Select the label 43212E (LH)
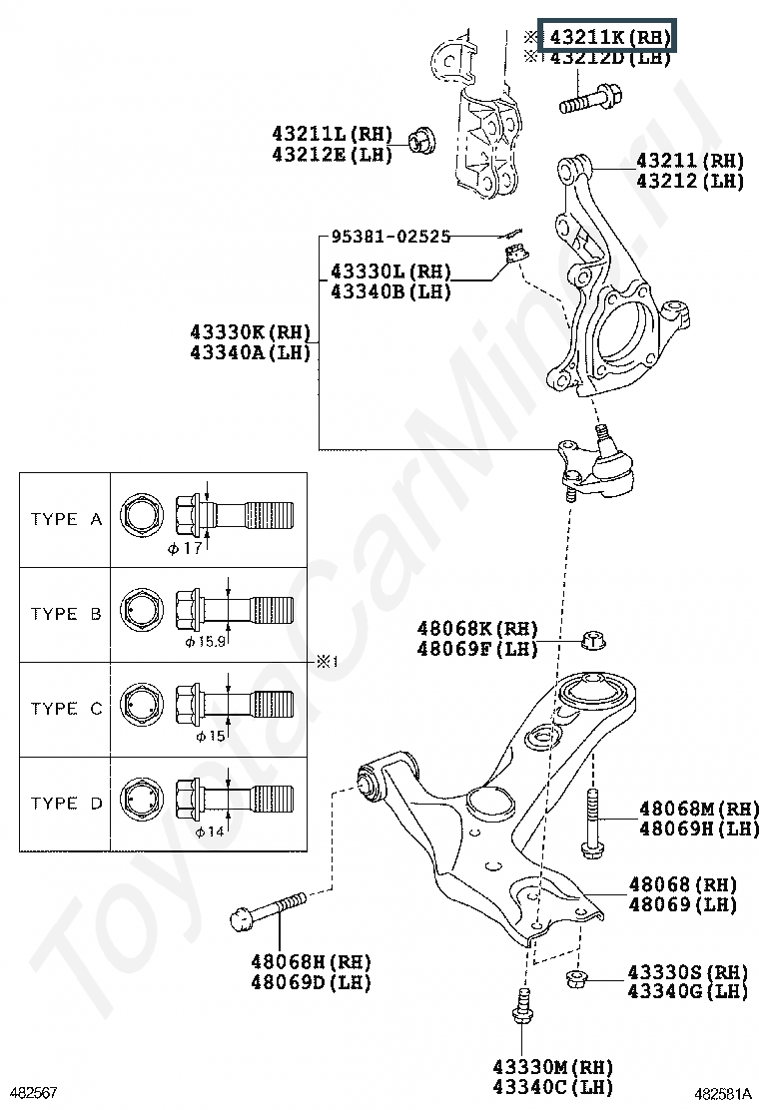(x=332, y=155)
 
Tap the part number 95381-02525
(x=390, y=236)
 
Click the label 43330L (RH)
(x=390, y=272)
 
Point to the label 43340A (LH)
(x=251, y=351)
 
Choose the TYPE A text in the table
(x=67, y=519)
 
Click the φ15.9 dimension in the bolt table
(x=206, y=642)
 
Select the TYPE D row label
(x=67, y=803)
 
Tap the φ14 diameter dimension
(x=210, y=832)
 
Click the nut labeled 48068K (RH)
(x=593, y=641)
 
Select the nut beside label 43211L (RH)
(x=422, y=140)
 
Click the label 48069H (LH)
(x=699, y=829)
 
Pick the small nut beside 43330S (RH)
(x=576, y=979)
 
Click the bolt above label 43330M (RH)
(x=522, y=1006)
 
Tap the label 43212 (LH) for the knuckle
(x=690, y=182)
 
